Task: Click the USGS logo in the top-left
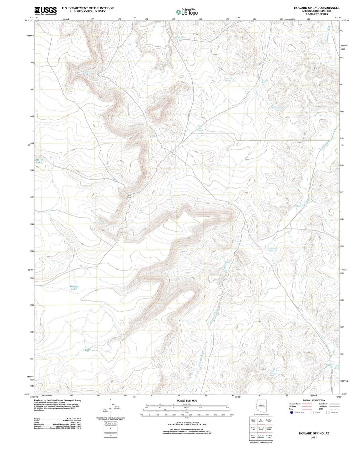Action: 45,11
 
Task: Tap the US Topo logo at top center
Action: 187,12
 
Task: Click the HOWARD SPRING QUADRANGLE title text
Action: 312,8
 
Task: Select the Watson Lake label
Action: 74,288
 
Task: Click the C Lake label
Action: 86,350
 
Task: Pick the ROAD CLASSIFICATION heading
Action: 314,400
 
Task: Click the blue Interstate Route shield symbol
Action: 292,413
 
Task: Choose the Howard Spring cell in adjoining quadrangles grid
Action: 261,429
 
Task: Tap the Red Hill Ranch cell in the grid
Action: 269,429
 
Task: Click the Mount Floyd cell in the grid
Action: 253,436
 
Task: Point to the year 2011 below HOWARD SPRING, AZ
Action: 313,437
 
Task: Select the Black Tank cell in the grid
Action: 253,421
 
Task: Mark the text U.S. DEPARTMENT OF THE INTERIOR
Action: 88,8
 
